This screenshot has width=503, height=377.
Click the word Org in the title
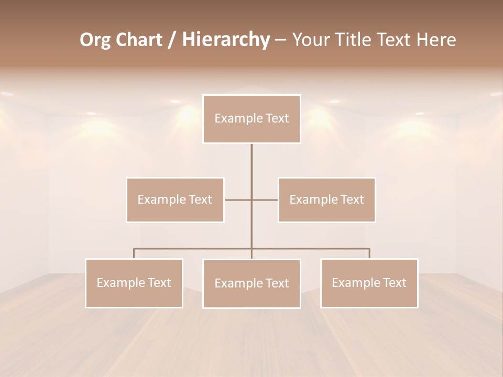(x=95, y=40)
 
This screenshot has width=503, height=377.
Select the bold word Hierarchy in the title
(x=225, y=40)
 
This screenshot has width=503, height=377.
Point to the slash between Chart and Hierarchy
(x=172, y=40)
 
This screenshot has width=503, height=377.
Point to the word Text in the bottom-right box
(x=394, y=283)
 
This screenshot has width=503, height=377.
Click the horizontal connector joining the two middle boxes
(x=265, y=199)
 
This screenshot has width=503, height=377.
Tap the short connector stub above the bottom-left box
(x=134, y=253)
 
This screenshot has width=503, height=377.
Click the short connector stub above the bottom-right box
(x=369, y=253)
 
